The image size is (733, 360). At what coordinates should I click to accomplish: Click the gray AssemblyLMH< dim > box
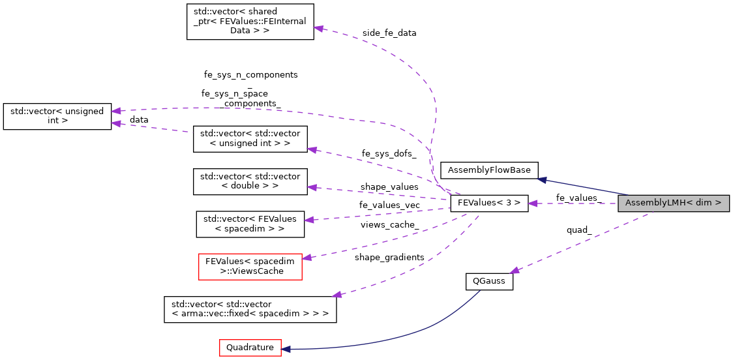(x=673, y=203)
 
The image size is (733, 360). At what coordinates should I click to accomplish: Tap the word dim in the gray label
(x=703, y=203)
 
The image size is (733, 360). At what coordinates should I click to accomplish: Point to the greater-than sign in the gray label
(x=718, y=203)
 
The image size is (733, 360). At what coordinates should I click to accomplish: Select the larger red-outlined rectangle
(x=250, y=267)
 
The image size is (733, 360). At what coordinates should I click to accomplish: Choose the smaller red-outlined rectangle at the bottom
(x=250, y=348)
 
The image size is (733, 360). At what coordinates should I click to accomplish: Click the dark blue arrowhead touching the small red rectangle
(x=286, y=350)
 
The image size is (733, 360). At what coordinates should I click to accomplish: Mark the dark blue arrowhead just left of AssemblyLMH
(x=541, y=179)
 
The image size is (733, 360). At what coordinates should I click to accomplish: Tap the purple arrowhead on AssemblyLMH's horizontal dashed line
(x=532, y=203)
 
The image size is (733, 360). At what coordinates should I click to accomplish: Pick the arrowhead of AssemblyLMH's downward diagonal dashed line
(x=514, y=270)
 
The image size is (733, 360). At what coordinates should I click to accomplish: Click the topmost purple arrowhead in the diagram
(x=318, y=28)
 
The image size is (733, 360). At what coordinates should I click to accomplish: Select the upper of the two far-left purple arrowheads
(x=115, y=111)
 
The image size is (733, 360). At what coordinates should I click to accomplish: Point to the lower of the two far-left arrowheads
(x=115, y=123)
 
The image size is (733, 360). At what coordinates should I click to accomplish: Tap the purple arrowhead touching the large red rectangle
(x=306, y=258)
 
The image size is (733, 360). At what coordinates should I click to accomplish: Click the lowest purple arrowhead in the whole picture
(x=337, y=295)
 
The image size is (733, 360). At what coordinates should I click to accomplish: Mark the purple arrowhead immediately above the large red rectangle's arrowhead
(x=308, y=220)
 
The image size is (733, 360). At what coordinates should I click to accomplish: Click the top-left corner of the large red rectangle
(x=199, y=254)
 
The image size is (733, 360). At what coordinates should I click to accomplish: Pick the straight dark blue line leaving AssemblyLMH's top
(x=587, y=187)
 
